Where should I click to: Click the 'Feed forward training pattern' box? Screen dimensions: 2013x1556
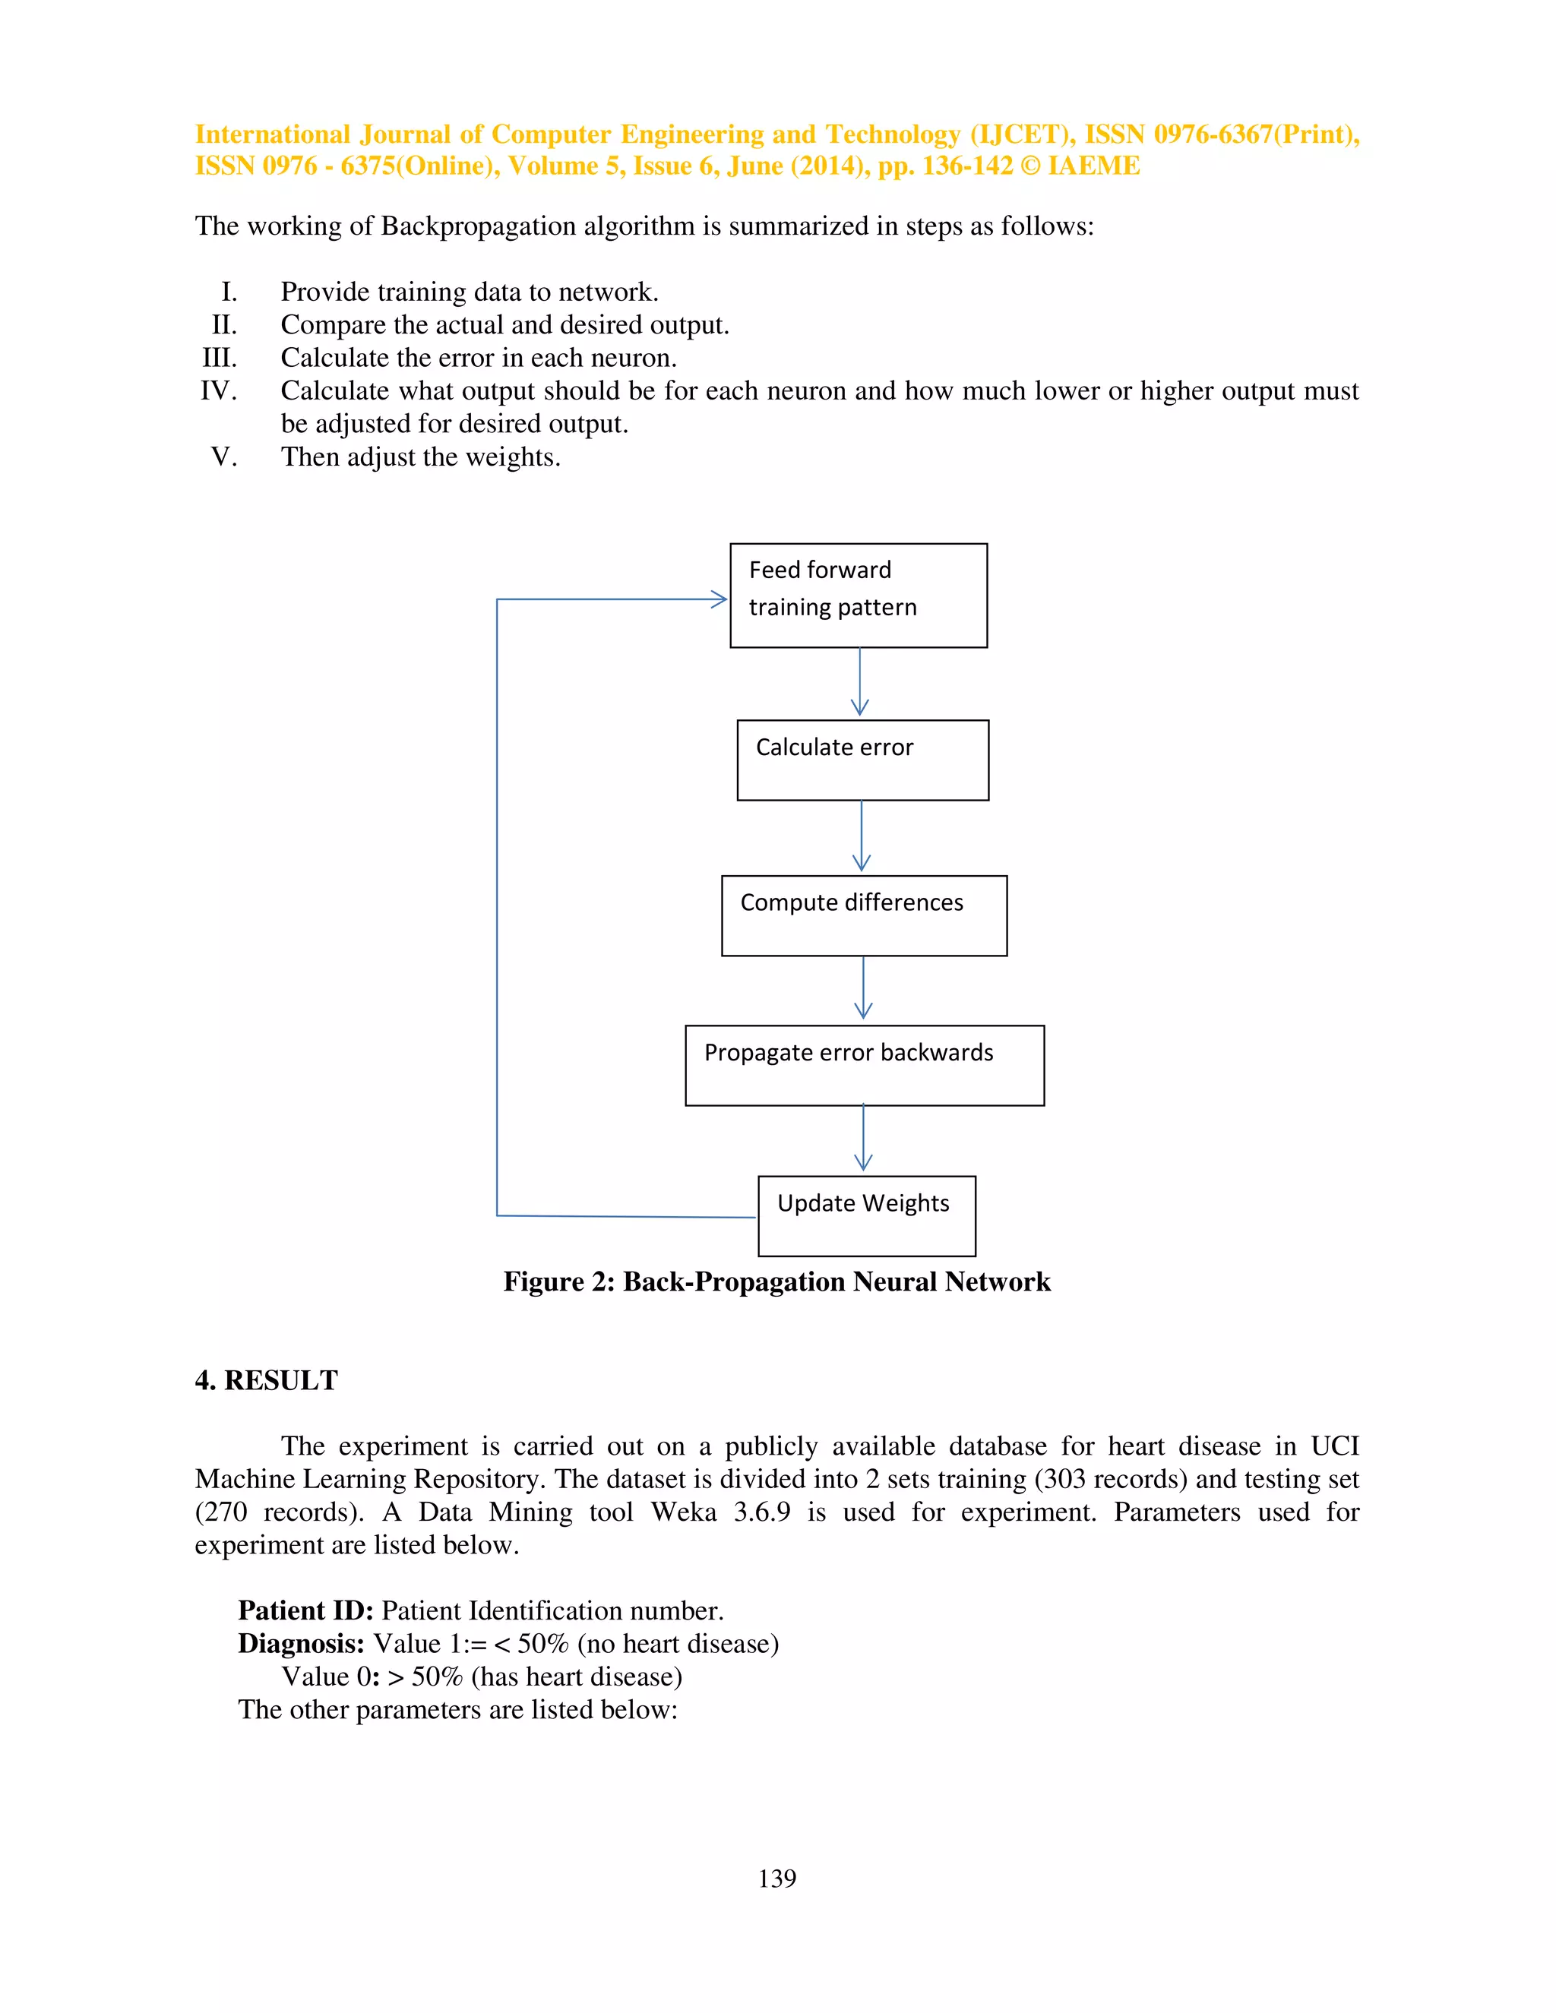pos(859,596)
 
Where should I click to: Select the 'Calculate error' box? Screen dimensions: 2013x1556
pos(863,760)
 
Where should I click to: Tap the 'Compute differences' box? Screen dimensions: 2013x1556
pos(864,915)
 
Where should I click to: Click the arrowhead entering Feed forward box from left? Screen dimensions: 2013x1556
pos(719,599)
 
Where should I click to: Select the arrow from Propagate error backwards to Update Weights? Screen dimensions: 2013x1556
pos(863,1139)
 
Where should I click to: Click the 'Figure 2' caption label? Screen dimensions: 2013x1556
pos(558,1282)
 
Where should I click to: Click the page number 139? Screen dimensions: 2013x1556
pos(777,1879)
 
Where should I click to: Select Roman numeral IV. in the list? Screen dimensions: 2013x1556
pos(219,390)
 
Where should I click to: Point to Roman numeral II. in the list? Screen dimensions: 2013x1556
pos(224,324)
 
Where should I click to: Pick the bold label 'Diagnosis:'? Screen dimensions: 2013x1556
pos(301,1643)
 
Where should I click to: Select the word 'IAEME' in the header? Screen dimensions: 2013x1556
pos(1093,166)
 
